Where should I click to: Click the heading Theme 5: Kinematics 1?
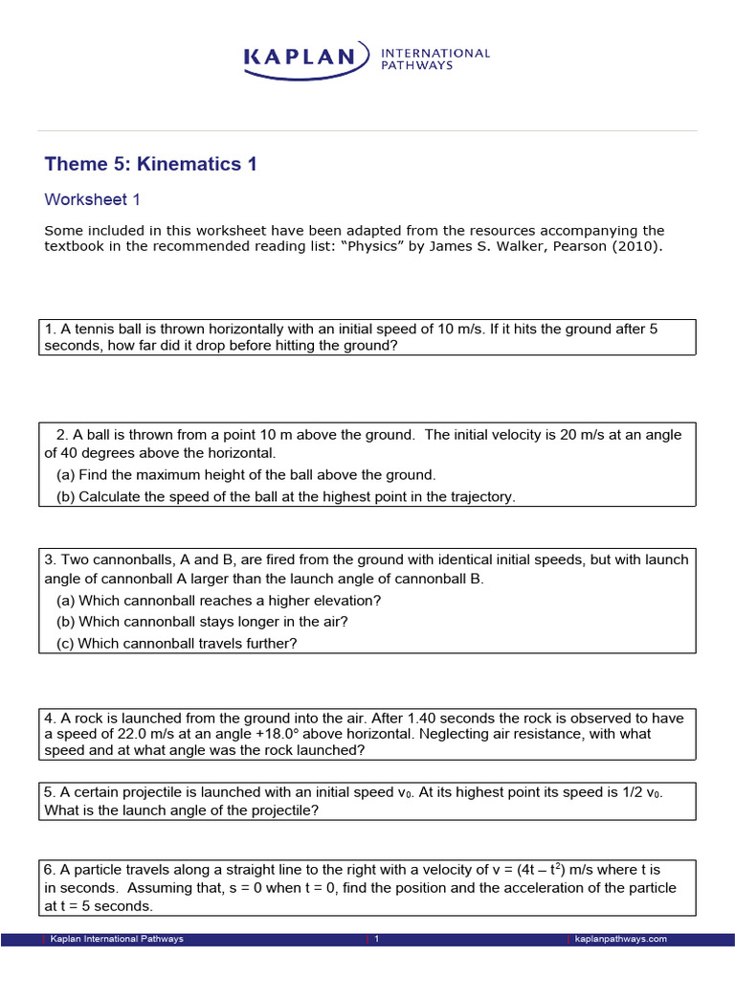coord(150,164)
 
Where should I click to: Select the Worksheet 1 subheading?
coord(93,199)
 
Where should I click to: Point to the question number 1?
coord(49,330)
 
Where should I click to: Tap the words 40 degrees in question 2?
coord(91,453)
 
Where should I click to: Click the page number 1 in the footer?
coord(377,939)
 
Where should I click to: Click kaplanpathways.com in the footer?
coord(620,939)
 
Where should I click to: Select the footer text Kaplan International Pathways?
coord(117,939)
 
